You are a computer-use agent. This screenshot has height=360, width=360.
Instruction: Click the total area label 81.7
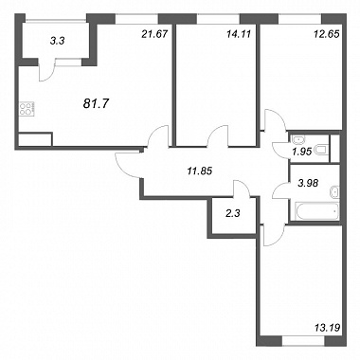[96, 103]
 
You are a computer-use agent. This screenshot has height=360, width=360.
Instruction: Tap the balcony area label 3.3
[58, 41]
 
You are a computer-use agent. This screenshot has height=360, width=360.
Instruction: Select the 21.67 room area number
[154, 34]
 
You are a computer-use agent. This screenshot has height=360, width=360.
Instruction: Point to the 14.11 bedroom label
[239, 34]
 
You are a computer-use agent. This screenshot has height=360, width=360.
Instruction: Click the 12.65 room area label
[327, 34]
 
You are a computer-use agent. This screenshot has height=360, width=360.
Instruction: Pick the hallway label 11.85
[199, 171]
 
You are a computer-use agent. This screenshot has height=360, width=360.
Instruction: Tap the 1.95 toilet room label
[302, 152]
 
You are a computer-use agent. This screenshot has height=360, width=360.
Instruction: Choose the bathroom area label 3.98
[308, 182]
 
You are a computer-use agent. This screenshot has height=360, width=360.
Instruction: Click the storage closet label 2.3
[233, 213]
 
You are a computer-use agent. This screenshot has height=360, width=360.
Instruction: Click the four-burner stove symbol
[27, 109]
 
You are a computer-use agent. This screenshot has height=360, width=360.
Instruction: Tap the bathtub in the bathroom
[316, 211]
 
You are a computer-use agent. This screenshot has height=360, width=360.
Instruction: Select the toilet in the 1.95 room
[321, 151]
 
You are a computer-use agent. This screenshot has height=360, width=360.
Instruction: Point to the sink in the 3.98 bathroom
[334, 191]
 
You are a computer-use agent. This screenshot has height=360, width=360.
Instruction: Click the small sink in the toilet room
[297, 139]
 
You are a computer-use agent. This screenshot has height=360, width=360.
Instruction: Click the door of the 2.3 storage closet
[242, 189]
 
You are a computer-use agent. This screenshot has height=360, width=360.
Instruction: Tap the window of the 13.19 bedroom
[303, 341]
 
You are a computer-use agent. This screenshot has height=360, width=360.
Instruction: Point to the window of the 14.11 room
[218, 19]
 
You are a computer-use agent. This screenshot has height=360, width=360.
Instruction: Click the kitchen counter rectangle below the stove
[35, 139]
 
